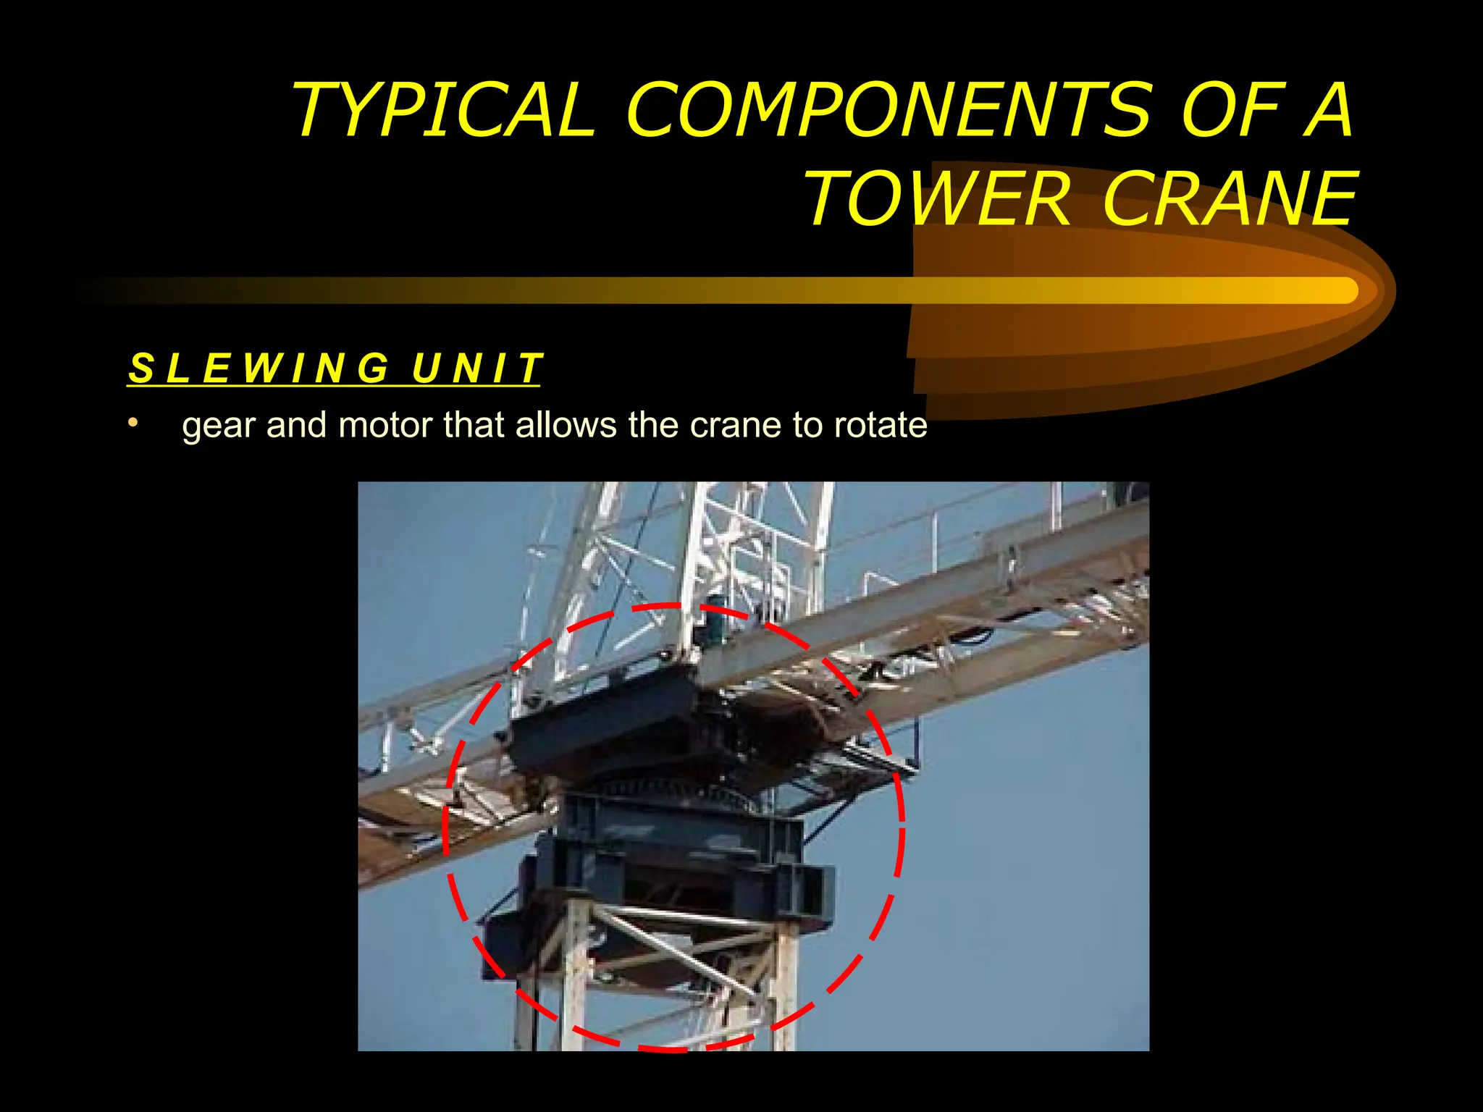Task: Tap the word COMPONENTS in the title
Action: pos(888,110)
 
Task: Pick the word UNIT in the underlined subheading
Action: pos(476,368)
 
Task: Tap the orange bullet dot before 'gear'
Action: pos(132,422)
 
